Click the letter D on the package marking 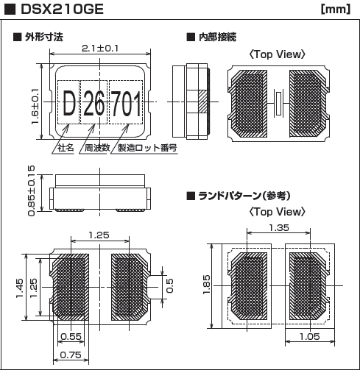click(x=68, y=106)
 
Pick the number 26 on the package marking click(x=93, y=106)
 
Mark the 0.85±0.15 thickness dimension click(x=31, y=191)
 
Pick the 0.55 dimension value click(x=71, y=336)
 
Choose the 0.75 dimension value click(x=71, y=354)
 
